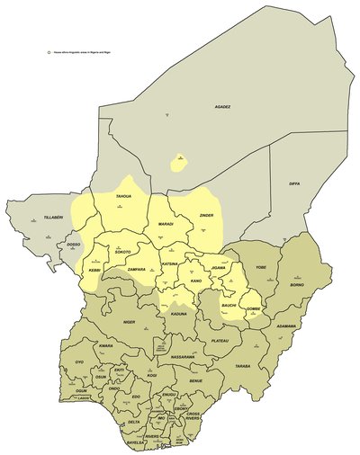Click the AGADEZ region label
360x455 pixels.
click(222, 107)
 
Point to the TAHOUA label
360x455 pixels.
click(124, 197)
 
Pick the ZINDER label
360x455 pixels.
click(206, 217)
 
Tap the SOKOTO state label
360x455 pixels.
click(122, 252)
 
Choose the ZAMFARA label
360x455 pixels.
click(136, 269)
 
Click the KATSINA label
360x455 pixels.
click(171, 263)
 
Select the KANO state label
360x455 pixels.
click(196, 281)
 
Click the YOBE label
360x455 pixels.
click(261, 268)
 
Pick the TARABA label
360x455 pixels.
click(242, 367)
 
